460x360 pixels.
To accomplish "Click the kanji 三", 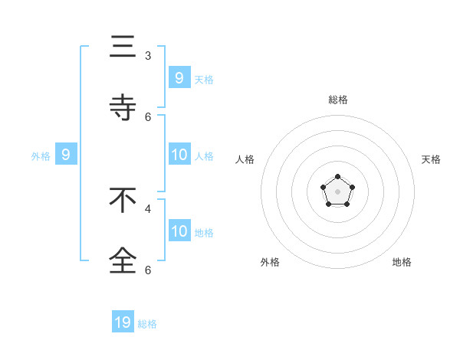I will point(123,48).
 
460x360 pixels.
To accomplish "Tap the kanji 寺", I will point(123,109).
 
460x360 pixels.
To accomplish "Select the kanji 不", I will point(123,201).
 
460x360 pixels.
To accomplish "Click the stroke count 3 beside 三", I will point(148,56).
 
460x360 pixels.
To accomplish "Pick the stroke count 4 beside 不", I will point(148,208).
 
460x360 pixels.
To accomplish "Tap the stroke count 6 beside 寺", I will point(148,116).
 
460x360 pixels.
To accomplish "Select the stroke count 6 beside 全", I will point(148,270).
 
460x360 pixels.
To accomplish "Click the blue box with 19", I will point(123,322).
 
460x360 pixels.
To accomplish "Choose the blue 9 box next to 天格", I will point(179,78).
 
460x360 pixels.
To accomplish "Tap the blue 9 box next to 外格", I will point(66,155).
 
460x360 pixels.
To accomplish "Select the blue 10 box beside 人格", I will point(179,155).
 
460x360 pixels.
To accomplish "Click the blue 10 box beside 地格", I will point(179,231).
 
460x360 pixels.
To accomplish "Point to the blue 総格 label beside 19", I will point(147,324).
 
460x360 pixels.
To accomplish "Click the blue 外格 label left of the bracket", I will point(41,156).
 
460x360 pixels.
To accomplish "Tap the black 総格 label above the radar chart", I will point(338,100).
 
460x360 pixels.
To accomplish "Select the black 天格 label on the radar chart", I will point(431,159).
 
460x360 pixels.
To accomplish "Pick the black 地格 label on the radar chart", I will point(402,262).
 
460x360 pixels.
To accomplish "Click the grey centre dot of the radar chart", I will point(337,191).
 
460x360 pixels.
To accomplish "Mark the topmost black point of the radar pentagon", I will point(337,177).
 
